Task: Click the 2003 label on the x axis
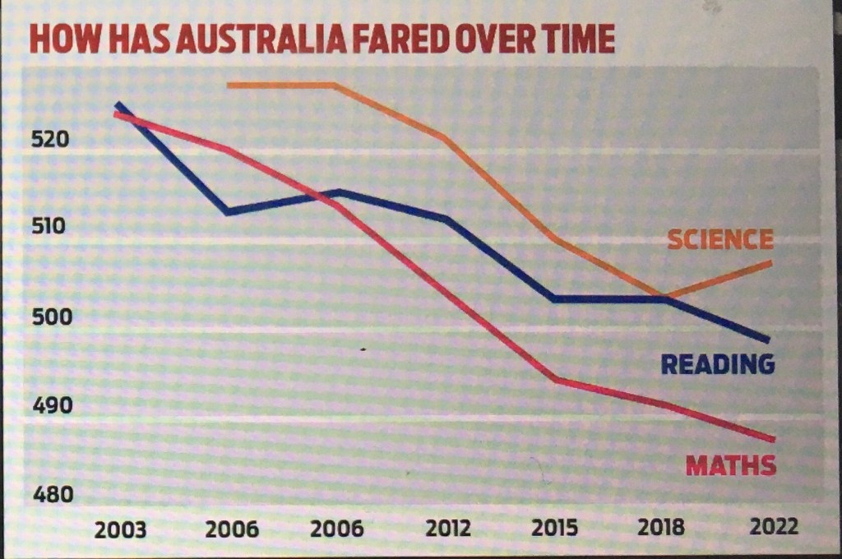coord(121,528)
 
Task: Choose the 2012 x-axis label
coord(447,528)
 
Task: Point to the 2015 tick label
coord(555,528)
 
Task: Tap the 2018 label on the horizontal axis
coord(662,528)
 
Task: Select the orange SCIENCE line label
coord(719,240)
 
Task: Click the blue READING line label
coord(718,364)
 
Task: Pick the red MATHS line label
coord(731,466)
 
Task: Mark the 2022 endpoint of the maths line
coord(772,438)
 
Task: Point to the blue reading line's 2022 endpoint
coord(768,340)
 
